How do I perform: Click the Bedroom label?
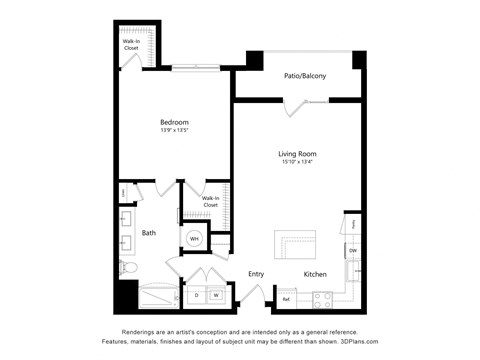point(175,121)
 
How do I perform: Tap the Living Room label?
point(298,153)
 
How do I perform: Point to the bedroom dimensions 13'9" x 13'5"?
point(175,130)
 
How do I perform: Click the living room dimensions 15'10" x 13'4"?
point(298,162)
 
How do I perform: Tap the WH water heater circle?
point(195,238)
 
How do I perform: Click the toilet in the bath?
point(127,267)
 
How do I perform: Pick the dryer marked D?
point(196,295)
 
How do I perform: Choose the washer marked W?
point(215,295)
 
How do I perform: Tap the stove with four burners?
point(323,297)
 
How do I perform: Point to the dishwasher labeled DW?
point(352,250)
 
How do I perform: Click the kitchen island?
point(296,242)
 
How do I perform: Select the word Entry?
point(256,273)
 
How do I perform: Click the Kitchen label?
point(315,273)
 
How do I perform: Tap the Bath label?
point(148,233)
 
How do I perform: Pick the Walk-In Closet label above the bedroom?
point(131,43)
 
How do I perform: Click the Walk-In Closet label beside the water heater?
point(210,201)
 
